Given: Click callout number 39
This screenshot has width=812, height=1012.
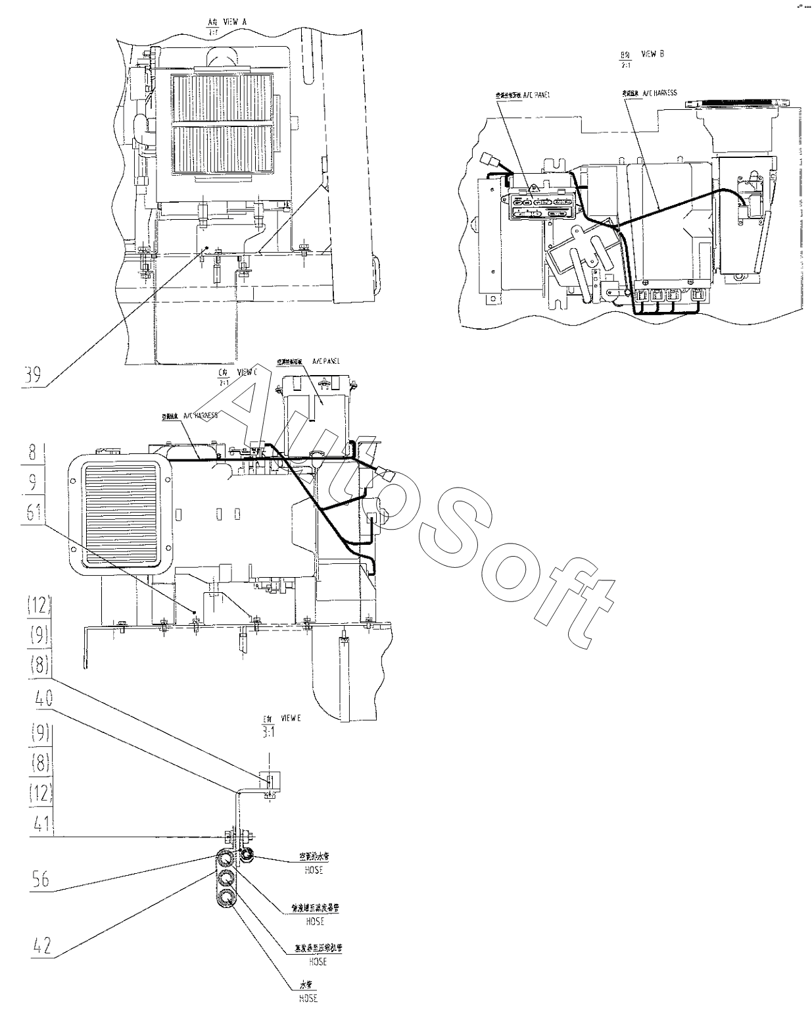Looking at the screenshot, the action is point(33,376).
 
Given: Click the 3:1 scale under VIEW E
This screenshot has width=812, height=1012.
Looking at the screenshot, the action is point(268,732).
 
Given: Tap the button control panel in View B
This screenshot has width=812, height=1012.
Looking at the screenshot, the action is point(542,204).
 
